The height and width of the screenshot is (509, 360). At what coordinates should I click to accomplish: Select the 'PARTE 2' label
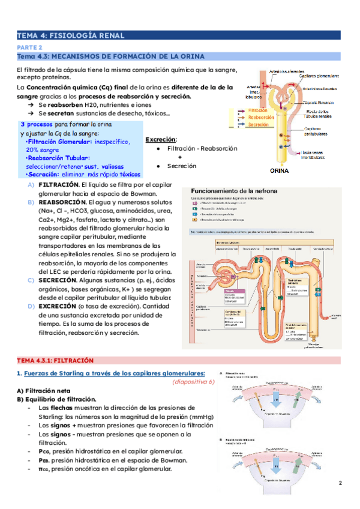coord(29,47)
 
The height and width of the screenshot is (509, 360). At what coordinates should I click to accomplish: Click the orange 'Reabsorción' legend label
coord(260,118)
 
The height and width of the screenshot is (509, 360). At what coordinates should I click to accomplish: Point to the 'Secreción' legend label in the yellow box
coord(258,125)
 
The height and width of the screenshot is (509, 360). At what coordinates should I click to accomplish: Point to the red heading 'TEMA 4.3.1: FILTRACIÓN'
coord(55,360)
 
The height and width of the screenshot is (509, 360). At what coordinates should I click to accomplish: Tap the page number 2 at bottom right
coord(340,483)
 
